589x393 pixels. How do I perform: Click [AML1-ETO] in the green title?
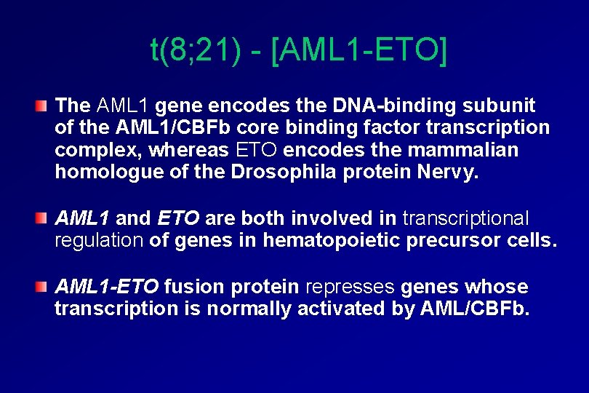[358, 50]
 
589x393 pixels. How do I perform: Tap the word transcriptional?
[465, 218]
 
